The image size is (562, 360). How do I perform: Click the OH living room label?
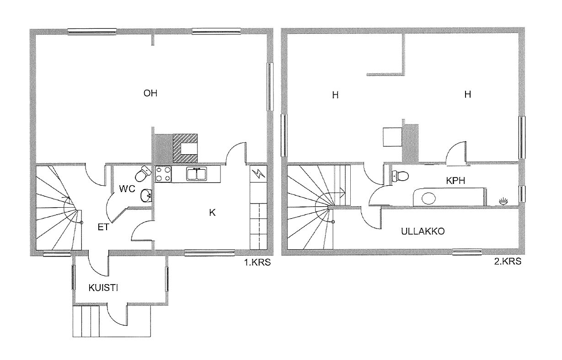coord(150,93)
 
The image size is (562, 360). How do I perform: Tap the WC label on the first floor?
coord(127,188)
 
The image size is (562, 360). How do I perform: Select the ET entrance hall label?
coord(103,227)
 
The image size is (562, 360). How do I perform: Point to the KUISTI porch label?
coord(103,288)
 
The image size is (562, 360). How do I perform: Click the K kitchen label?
coord(212,213)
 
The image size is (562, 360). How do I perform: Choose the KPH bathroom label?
coord(455,181)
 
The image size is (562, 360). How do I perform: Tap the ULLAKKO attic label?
coord(423,231)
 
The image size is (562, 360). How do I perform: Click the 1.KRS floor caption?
coord(257,263)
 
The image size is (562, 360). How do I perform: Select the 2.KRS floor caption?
coord(508,261)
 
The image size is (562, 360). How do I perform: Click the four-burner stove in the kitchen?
coord(163,174)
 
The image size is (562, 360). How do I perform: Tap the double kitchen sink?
coord(197,174)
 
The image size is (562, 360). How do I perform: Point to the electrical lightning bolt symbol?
coord(258,173)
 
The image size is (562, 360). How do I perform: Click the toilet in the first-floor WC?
coord(143,173)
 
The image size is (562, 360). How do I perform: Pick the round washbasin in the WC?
coord(146,196)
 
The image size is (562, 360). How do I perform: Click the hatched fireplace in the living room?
coord(185,148)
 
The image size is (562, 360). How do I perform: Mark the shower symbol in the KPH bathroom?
coord(503,201)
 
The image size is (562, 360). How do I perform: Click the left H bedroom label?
coord(335,95)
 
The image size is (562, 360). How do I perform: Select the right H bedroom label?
coord(467,94)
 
